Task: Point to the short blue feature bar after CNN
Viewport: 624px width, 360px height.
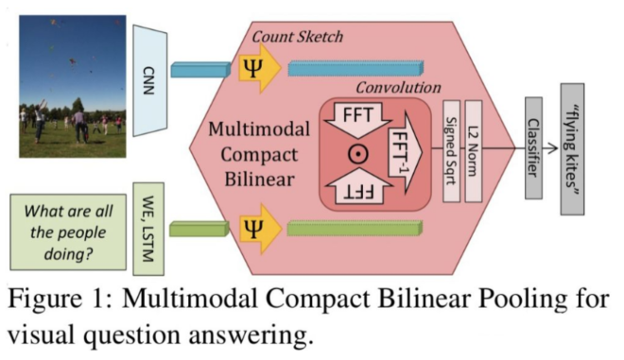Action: coord(199,69)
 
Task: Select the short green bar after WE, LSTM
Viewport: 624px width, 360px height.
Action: coord(199,228)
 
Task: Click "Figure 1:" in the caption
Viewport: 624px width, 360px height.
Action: coord(57,303)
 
